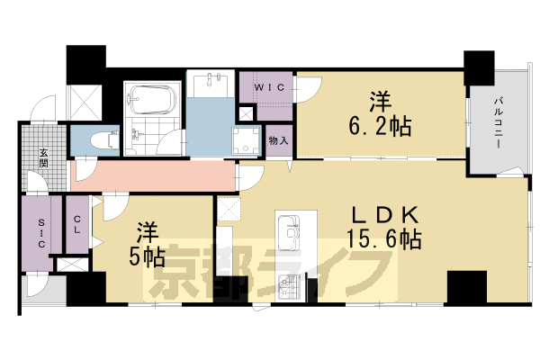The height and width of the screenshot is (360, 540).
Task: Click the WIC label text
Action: (x=266, y=86)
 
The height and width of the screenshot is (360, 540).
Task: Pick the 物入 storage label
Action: (x=278, y=140)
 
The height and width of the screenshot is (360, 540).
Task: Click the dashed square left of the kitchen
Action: (x=229, y=209)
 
